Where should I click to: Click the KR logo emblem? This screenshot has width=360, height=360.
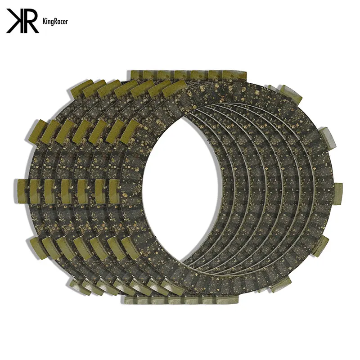pyautogui.click(x=22, y=21)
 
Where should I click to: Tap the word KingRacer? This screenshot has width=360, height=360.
pyautogui.click(x=55, y=22)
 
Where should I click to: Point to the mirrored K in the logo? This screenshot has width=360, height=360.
pyautogui.click(x=14, y=21)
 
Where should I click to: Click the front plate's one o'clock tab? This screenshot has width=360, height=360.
pyautogui.click(x=292, y=94)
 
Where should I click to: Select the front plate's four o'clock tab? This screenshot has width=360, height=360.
pyautogui.click(x=322, y=246)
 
